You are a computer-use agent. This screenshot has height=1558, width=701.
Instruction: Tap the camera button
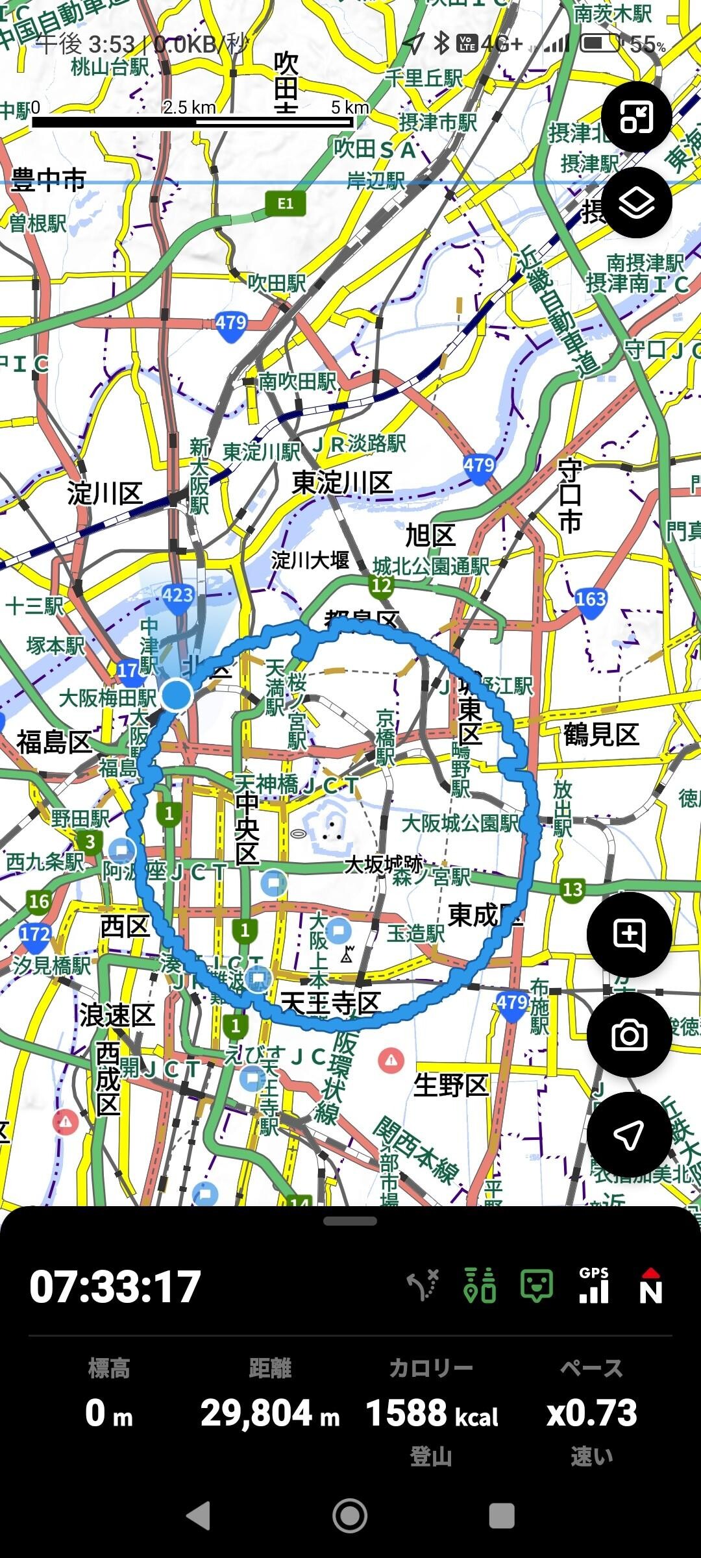click(628, 1035)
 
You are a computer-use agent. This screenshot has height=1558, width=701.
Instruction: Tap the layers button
click(636, 203)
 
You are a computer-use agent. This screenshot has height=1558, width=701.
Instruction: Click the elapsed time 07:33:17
click(115, 1286)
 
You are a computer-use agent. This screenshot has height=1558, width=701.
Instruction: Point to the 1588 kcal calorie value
click(432, 1413)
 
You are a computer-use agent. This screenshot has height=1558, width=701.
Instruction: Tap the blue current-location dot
click(176, 695)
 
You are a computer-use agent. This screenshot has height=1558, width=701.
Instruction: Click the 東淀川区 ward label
click(342, 483)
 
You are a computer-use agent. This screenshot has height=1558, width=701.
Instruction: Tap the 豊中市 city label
click(49, 179)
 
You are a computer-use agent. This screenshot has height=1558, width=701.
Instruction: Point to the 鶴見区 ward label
click(601, 734)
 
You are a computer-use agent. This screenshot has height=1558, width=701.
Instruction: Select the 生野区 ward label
click(450, 1085)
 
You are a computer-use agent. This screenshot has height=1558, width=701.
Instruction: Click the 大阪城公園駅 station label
click(460, 823)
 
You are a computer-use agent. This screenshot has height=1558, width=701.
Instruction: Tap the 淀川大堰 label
click(310, 560)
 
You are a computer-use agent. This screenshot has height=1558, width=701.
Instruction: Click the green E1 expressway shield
click(285, 204)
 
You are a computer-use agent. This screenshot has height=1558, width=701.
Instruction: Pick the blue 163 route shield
click(590, 599)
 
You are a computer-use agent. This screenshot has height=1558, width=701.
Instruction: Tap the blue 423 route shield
click(177, 595)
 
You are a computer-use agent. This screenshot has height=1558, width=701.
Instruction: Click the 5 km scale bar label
click(350, 107)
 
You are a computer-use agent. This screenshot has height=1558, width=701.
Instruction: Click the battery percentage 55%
click(647, 45)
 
